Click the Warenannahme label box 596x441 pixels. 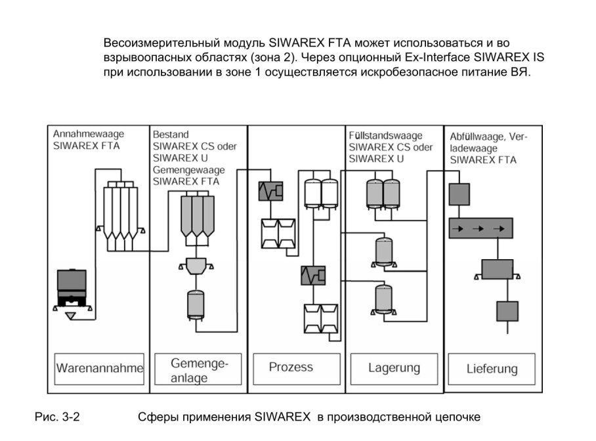coord(99,369)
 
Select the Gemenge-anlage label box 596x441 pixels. coord(198,369)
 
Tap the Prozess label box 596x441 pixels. coord(297,369)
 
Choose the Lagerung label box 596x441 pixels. coord(394,369)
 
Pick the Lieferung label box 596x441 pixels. coord(492,369)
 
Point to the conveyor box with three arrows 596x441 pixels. coord(481,228)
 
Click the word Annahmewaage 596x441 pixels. coord(89,134)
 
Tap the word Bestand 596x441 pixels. coord(171,135)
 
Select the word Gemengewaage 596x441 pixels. coord(188,170)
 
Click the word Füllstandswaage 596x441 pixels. coord(385,136)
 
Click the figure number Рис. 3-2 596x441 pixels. coord(57,417)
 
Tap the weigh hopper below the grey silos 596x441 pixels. coord(196,266)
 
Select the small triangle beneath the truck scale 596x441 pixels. coord(70,316)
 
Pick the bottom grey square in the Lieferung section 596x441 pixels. coord(507,311)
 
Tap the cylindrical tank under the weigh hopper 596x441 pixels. coord(196,305)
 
